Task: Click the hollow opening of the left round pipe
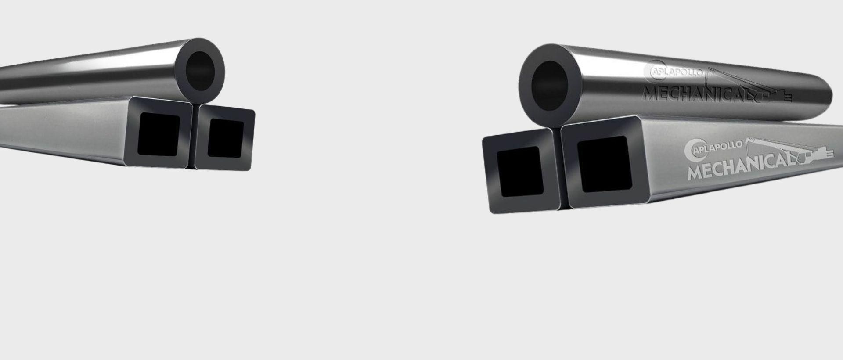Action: pyautogui.click(x=200, y=71)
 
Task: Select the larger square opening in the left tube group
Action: pyautogui.click(x=159, y=134)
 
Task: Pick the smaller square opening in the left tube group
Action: pyautogui.click(x=226, y=138)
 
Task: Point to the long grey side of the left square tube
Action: pyautogui.click(x=61, y=127)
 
